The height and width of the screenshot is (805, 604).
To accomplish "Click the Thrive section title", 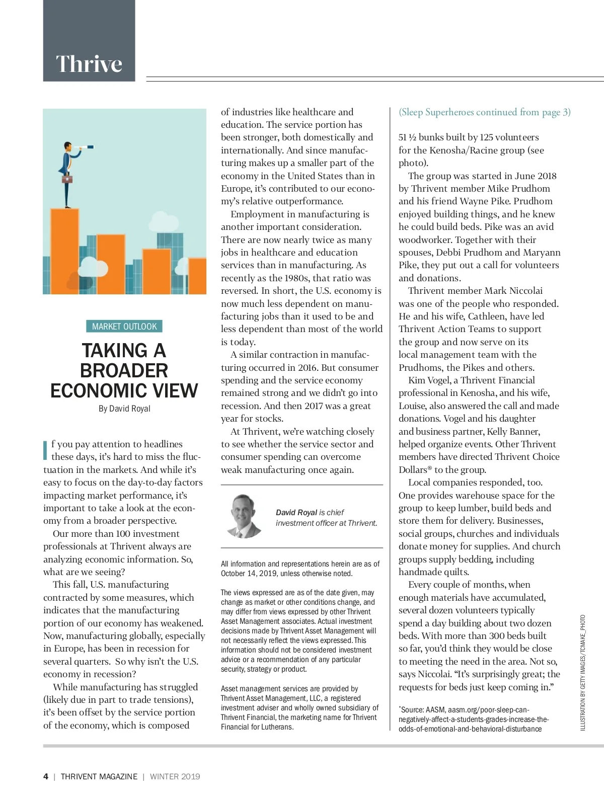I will click(x=89, y=64).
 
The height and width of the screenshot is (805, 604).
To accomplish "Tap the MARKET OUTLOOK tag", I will click(x=124, y=327).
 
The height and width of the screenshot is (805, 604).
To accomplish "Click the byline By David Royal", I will click(x=124, y=409).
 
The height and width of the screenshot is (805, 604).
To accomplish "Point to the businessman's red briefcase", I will click(x=66, y=179).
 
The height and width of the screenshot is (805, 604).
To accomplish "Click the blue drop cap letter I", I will click(x=46, y=450).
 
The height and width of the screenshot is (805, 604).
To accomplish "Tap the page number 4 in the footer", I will click(x=46, y=776).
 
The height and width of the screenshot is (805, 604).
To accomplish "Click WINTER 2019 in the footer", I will click(x=175, y=776).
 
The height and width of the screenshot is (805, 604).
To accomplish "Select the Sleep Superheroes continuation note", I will click(x=484, y=112).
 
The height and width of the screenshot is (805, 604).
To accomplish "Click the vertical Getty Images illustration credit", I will click(x=583, y=672).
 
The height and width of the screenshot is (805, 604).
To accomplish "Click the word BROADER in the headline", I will click(x=124, y=371).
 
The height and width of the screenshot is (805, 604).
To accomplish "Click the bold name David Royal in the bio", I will click(x=296, y=512).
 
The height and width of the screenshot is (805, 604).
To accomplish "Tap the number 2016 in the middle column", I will click(x=308, y=368).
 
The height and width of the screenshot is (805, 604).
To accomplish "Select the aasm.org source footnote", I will click(x=473, y=719).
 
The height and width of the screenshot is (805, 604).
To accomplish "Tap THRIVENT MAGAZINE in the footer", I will click(x=99, y=776).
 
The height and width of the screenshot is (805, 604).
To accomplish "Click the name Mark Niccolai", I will click(x=513, y=291).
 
